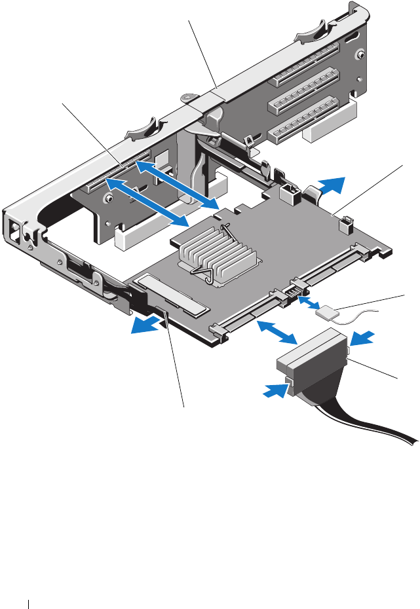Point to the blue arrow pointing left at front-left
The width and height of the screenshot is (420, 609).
(x=145, y=324)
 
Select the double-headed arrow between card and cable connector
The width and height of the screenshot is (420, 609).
(x=276, y=331)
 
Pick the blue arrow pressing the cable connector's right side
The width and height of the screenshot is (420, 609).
(x=362, y=337)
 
